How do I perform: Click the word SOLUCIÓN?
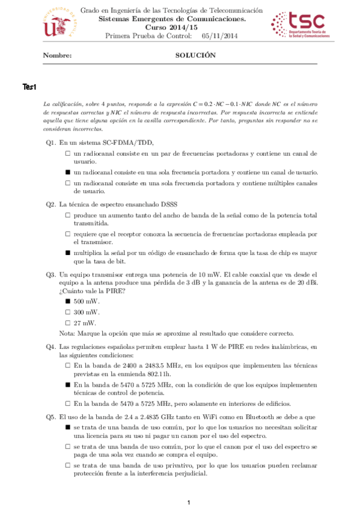pos(195,55)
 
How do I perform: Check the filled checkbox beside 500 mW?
pos(68,301)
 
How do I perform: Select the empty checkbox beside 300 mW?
pos(68,312)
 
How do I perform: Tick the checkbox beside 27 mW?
pos(68,323)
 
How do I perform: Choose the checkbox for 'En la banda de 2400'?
pos(68,365)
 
